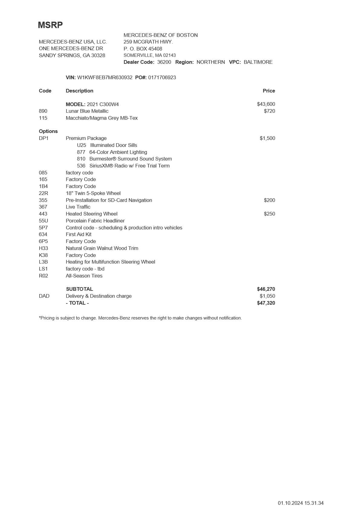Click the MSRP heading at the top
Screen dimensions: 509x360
pos(50,25)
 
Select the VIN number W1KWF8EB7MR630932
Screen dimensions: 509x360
pos(105,77)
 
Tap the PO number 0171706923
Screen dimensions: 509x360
pos(162,77)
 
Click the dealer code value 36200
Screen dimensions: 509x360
pos(164,62)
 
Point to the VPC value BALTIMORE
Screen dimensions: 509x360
pos(258,62)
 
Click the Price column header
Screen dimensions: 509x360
pos(269,91)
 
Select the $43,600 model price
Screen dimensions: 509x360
pos(266,104)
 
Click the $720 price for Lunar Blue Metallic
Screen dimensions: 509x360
pos(269,111)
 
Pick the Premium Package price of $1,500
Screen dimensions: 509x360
pos(267,138)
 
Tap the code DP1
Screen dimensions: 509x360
pos(44,138)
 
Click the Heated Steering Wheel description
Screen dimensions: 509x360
pos(92,214)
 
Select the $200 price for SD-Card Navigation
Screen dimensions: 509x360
pos(269,200)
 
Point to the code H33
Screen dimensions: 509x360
pos(44,248)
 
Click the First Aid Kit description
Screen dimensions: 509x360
pos(79,234)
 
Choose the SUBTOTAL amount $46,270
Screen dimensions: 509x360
pos(266,289)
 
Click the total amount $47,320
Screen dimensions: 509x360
pos(266,303)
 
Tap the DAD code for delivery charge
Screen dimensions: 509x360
pos(44,296)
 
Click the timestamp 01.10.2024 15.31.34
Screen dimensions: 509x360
pos(300,503)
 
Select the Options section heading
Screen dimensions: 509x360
pos(48,131)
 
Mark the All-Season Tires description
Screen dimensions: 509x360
pos(84,276)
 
